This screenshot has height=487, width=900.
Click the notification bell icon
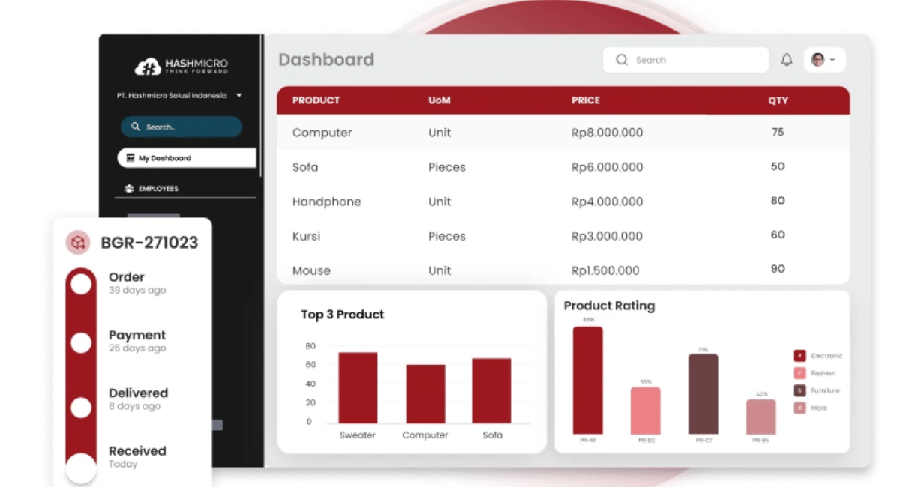787,60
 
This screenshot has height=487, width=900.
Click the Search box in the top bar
685,60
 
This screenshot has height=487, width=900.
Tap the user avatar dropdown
824,60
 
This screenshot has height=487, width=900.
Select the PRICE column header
586,100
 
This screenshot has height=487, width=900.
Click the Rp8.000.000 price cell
607,133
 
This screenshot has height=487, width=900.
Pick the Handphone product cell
326,202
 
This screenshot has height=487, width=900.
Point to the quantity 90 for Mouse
778,269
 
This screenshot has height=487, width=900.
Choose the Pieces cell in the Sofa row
446,167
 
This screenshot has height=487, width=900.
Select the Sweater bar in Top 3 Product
358,387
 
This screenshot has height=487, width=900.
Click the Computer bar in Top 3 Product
425,393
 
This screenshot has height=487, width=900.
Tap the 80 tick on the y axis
310,346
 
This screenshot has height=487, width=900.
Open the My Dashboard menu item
186,158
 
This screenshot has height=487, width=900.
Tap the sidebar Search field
181,127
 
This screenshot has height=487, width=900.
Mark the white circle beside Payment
81,342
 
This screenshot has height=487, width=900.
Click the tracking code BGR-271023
149,242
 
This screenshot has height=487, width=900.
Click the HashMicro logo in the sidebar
181,67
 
